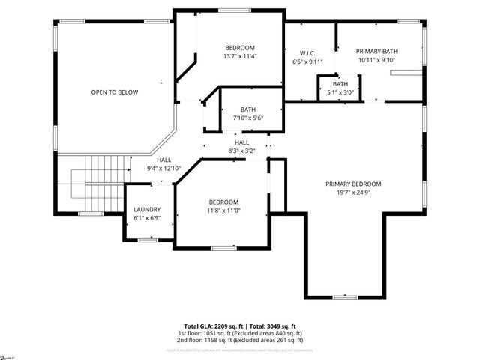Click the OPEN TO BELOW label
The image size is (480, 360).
pyautogui.click(x=115, y=92)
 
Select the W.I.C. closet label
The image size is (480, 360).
pyautogui.click(x=307, y=52)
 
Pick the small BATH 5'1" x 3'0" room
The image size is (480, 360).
pyautogui.click(x=340, y=88)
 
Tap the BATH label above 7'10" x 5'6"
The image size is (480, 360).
pyautogui.click(x=247, y=109)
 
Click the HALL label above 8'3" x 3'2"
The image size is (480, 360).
pyautogui.click(x=241, y=142)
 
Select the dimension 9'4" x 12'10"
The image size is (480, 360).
pyautogui.click(x=163, y=169)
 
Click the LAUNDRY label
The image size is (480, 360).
pyautogui.click(x=148, y=209)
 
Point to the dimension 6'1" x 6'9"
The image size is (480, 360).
pyautogui.click(x=148, y=218)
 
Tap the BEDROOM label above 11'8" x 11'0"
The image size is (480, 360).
pyautogui.click(x=223, y=202)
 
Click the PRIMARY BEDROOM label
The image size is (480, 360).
pyautogui.click(x=353, y=184)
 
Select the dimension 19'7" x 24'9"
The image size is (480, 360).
pyautogui.click(x=353, y=193)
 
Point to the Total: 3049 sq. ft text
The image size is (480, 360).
pyautogui.click(x=272, y=326)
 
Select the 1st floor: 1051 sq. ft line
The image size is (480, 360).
pyautogui.click(x=240, y=332)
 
